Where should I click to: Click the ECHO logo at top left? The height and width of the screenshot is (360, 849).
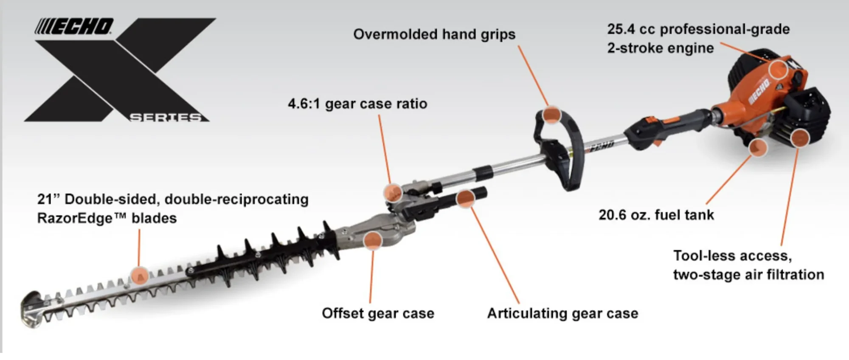point(74,26)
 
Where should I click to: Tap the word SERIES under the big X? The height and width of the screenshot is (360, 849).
point(166,117)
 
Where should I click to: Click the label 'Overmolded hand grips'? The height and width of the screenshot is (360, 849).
point(434,34)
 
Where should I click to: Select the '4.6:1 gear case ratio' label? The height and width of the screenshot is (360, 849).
point(357,104)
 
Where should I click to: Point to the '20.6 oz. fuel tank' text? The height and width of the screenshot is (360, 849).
point(656,215)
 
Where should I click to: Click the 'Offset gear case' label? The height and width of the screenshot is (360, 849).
point(378,313)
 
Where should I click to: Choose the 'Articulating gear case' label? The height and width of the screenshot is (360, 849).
point(562,313)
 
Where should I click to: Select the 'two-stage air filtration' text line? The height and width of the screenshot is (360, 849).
point(748,275)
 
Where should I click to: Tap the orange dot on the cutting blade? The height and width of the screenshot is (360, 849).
point(139,276)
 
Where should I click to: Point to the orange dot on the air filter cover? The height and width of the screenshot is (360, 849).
point(800,138)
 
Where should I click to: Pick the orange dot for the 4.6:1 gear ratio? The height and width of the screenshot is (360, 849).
point(393,192)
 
